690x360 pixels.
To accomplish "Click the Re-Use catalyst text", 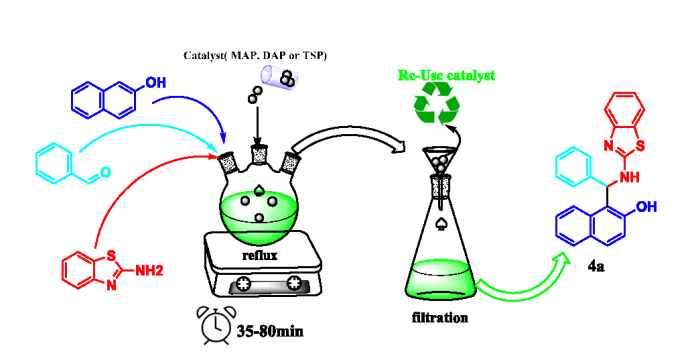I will coord(445,75).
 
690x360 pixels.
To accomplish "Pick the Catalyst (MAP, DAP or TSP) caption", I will coord(258,53).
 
